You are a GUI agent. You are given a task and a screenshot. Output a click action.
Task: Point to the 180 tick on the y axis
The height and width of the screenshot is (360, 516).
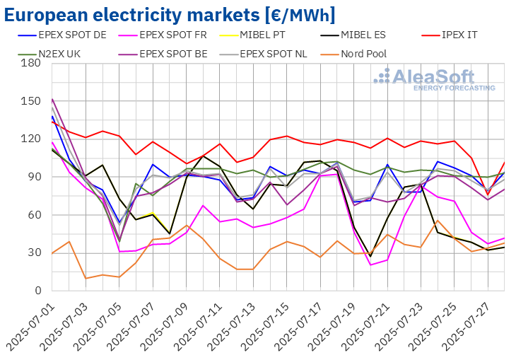pos(30,64)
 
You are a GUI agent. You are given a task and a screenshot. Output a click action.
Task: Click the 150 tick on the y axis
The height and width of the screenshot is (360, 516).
pos(30,101)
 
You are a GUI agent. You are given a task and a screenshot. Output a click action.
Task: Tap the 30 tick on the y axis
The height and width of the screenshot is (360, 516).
pos(33,252)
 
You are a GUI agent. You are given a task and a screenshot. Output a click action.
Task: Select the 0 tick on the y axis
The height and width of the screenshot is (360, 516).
pos(35,291)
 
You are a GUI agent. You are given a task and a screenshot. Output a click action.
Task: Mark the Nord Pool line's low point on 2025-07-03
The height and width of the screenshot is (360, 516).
pos(86,278)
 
